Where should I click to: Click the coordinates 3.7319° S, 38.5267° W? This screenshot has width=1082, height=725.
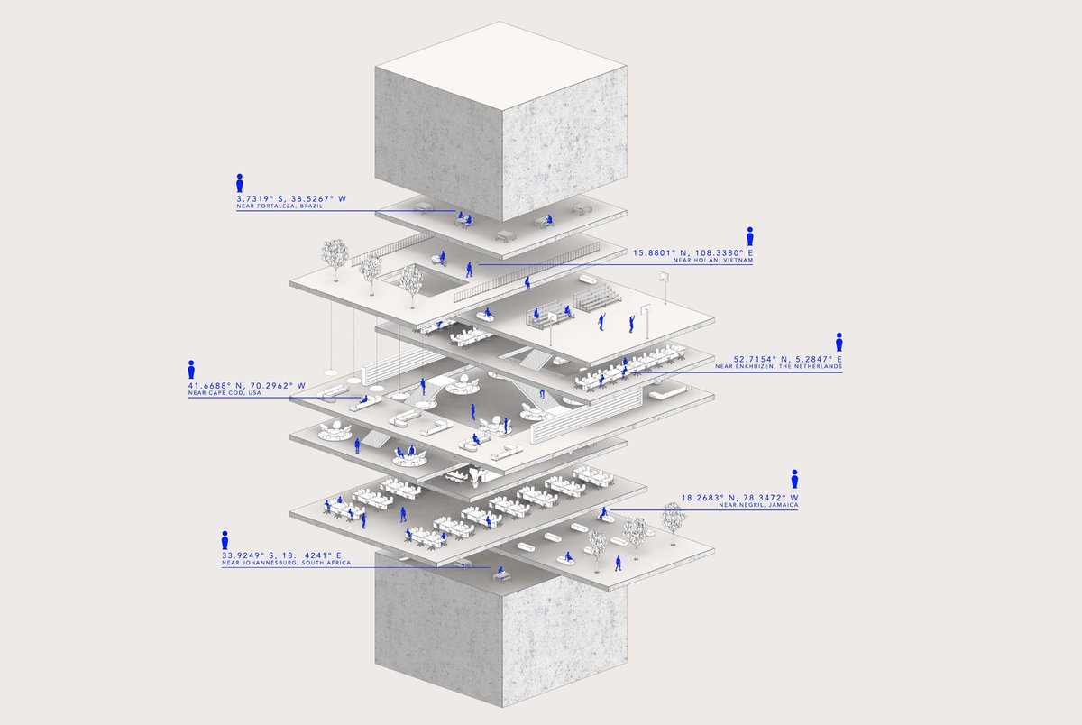291,198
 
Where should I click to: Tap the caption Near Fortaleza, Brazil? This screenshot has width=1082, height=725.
280,206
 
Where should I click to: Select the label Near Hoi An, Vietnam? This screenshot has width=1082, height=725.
713,261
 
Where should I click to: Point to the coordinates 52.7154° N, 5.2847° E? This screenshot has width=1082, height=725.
788,360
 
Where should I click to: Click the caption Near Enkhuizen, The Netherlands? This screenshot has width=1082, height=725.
779,367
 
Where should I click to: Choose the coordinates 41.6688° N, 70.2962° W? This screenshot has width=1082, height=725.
247,385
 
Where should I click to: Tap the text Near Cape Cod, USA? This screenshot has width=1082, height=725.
225,393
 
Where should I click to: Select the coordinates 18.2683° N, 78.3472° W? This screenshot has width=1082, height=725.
740,498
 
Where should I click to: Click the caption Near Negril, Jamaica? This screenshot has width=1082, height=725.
758,505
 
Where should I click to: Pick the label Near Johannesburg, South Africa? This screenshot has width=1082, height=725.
287,564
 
